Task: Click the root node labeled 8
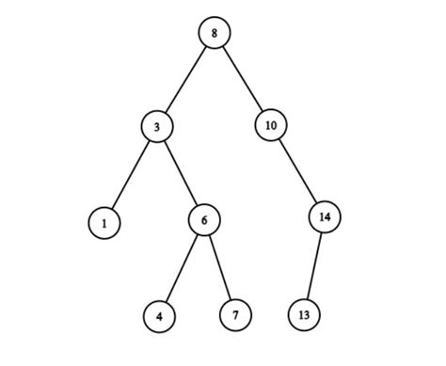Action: click(x=215, y=33)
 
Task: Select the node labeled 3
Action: click(x=157, y=125)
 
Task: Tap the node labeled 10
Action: click(x=270, y=125)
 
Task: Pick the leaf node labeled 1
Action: click(x=104, y=223)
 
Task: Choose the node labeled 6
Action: click(x=203, y=219)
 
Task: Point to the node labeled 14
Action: click(x=325, y=217)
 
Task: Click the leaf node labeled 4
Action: click(x=160, y=316)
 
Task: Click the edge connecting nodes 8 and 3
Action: click(x=186, y=78)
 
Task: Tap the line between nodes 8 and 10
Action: click(x=242, y=78)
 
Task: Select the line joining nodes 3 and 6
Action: click(x=180, y=171)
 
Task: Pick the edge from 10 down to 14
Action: click(x=296, y=170)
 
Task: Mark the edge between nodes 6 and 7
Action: click(x=219, y=267)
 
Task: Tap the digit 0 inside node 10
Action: click(x=273, y=125)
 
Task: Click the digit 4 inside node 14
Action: click(x=327, y=217)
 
